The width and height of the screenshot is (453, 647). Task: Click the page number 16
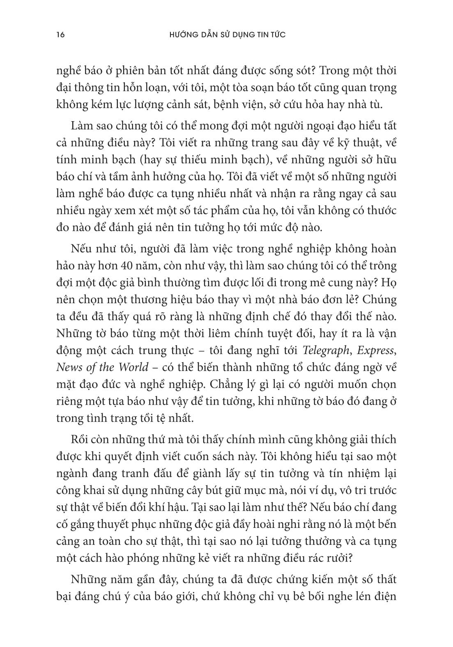[x=60, y=35]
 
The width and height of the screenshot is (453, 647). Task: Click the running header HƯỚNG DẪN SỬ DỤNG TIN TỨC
[x=227, y=35]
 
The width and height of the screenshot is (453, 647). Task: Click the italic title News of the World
[x=102, y=367]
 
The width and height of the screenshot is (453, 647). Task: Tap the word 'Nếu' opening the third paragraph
[x=81, y=249]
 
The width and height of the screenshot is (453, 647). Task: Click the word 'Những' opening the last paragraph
[x=87, y=580]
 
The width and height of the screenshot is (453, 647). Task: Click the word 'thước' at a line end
[x=382, y=211]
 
